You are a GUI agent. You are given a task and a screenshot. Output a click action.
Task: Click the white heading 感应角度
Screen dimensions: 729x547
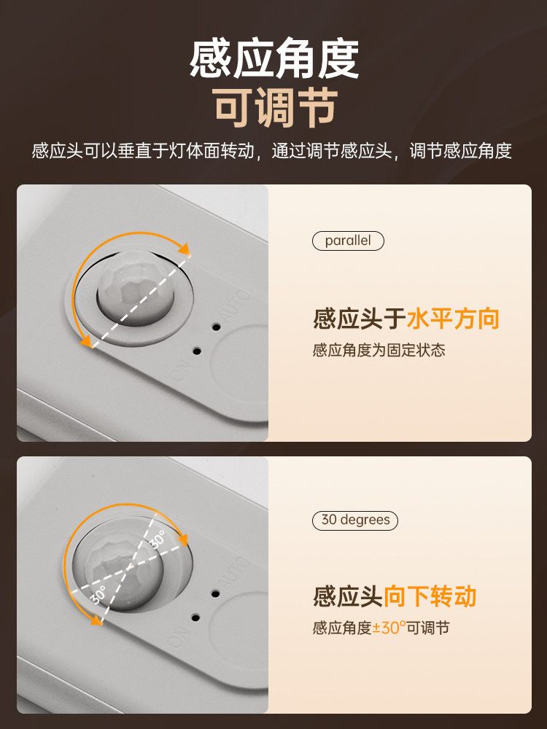pyautogui.click(x=273, y=59)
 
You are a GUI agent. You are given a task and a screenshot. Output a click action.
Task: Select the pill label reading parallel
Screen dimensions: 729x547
pyautogui.click(x=348, y=241)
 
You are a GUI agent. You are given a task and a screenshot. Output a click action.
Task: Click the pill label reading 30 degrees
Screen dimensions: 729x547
pyautogui.click(x=356, y=521)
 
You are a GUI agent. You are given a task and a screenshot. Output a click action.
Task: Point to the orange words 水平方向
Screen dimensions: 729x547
pyautogui.click(x=452, y=319)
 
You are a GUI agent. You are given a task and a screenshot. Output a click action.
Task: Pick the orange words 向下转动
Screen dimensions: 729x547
pyautogui.click(x=430, y=596)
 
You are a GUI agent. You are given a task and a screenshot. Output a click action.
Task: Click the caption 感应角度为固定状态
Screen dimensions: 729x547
pyautogui.click(x=379, y=351)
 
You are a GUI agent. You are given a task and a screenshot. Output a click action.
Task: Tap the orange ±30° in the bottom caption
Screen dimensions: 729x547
pyautogui.click(x=389, y=628)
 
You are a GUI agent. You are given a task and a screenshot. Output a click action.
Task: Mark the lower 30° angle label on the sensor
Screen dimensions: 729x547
pyautogui.click(x=98, y=595)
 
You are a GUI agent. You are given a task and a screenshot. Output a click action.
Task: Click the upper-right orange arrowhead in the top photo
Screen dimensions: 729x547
pyautogui.click(x=185, y=249)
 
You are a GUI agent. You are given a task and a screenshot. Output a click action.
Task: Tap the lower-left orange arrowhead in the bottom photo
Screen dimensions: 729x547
pyautogui.click(x=93, y=620)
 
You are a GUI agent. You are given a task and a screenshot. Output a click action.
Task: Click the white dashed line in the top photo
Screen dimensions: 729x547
pyautogui.click(x=139, y=298)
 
